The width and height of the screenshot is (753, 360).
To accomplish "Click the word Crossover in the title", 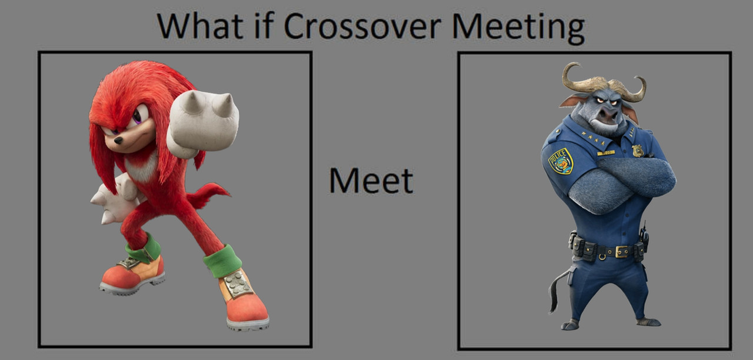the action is (362, 26).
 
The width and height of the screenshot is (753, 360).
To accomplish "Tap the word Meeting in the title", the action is (518, 29).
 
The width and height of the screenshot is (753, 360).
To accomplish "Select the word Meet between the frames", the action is (371, 181).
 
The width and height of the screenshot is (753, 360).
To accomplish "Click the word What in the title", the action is (200, 26).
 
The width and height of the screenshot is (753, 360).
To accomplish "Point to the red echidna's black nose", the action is (118, 140).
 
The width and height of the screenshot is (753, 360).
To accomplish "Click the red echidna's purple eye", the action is (137, 117).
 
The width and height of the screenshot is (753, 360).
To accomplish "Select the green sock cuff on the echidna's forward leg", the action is (222, 261).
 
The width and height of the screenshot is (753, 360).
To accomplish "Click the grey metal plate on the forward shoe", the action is (238, 284).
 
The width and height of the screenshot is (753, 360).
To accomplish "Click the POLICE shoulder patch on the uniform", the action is (561, 161).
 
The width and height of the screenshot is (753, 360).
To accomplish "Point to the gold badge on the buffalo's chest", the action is (637, 151).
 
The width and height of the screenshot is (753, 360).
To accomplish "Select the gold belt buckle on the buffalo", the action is (622, 251).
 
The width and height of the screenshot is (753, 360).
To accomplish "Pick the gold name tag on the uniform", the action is (606, 153).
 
